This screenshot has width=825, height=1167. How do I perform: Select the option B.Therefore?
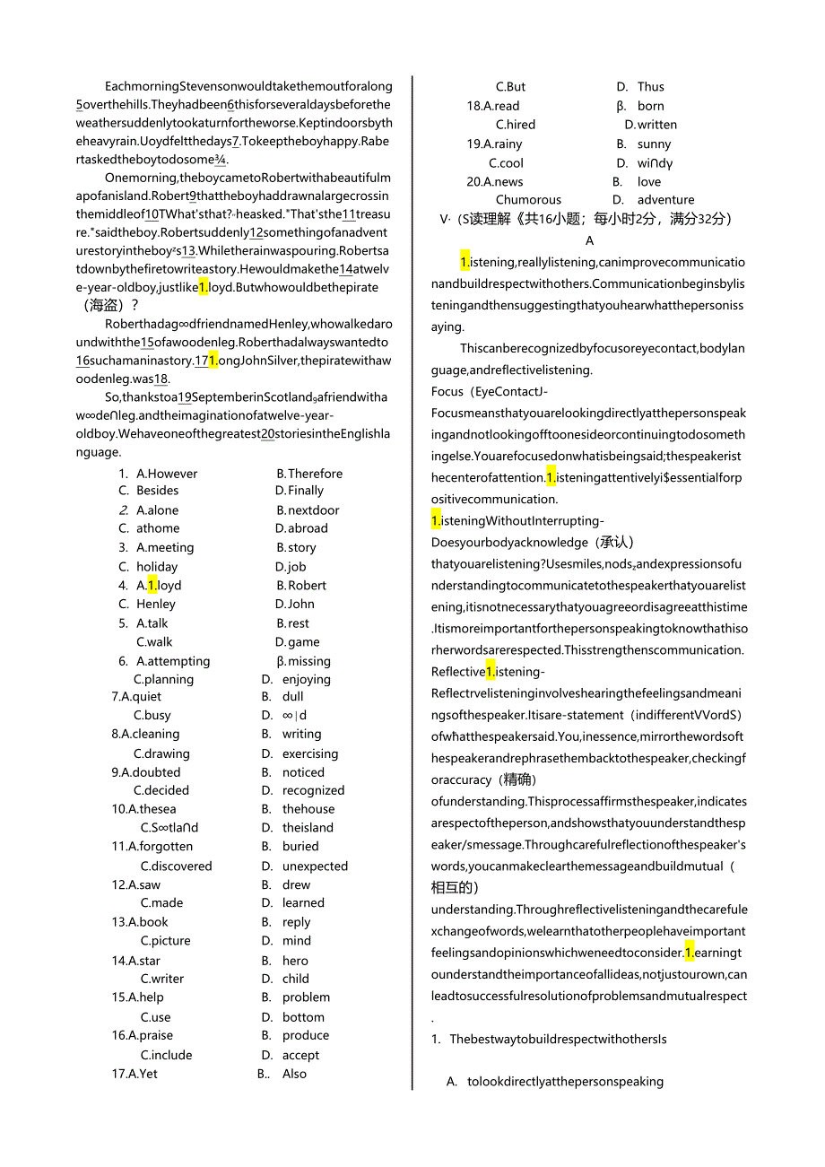pos(309,474)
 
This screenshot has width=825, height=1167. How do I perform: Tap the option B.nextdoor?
pos(308,510)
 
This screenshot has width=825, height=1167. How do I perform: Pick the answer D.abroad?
pos(301,528)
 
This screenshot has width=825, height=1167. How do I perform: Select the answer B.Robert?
pos(301,586)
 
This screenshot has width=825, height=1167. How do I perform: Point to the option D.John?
pos(295,605)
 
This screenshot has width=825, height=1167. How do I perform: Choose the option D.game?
pos(298,642)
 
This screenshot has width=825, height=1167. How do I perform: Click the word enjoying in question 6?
pos(307,680)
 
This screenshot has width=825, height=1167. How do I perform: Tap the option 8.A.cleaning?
pos(145,734)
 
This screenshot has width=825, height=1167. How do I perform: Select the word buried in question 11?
pos(300,846)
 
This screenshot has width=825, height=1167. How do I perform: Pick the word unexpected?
pos(315,867)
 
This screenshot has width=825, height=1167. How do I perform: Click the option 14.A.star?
pos(136,961)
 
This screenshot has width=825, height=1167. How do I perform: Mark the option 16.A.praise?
pos(143,1035)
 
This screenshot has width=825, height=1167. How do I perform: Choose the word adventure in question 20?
pos(666,200)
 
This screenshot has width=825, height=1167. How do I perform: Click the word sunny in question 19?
pos(655,144)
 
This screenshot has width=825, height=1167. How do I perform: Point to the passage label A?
pos(589,240)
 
